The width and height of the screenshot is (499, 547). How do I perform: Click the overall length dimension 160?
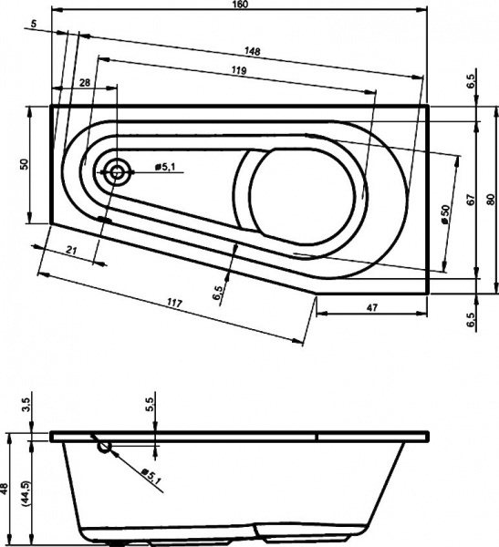click(x=241, y=5)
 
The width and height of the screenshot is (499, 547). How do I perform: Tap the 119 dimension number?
click(x=242, y=71)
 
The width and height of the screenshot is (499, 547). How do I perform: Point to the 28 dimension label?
click(x=85, y=83)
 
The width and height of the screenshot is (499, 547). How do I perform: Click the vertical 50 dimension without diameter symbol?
click(x=26, y=163)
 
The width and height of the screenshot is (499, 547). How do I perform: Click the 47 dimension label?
click(x=372, y=309)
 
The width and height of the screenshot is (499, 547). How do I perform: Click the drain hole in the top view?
click(x=117, y=170)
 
